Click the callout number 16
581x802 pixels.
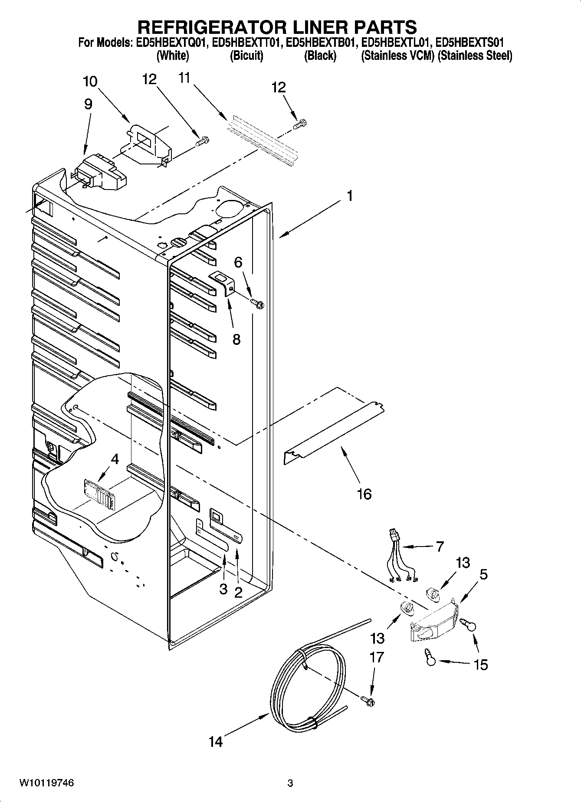click(364, 494)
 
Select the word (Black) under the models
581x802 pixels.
click(320, 56)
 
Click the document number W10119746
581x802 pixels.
click(46, 783)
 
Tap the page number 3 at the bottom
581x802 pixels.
click(290, 783)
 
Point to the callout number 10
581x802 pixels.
click(90, 82)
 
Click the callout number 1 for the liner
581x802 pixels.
click(349, 196)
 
